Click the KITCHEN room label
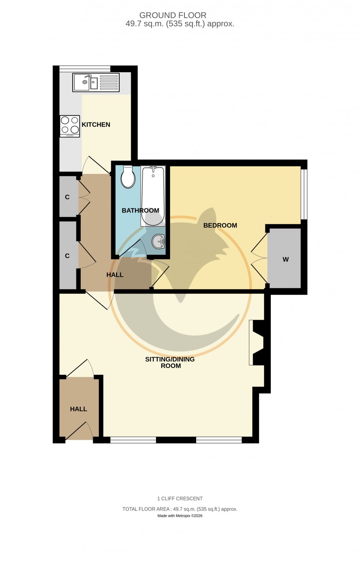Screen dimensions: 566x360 point(96,125)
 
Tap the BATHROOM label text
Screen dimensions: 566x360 point(140,211)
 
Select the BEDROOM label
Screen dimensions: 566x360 point(220,225)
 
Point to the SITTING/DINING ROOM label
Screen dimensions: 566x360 point(170,363)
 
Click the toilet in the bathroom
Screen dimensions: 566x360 point(128,177)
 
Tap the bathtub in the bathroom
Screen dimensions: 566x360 point(153,196)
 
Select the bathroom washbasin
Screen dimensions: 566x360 point(159,241)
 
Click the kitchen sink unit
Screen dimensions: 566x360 point(96,82)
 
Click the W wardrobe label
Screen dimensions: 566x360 point(285,260)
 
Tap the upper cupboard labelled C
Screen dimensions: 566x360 point(67,197)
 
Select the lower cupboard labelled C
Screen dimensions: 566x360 point(67,256)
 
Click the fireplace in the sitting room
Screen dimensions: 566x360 point(257,343)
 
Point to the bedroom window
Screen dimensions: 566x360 point(304,194)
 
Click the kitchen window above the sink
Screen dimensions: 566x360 point(85,68)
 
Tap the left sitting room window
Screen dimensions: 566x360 point(133,440)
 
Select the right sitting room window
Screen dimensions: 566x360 point(219,440)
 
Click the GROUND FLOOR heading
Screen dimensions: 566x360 point(173,15)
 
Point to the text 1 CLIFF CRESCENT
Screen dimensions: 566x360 point(180,498)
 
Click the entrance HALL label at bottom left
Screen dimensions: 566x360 point(79,409)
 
